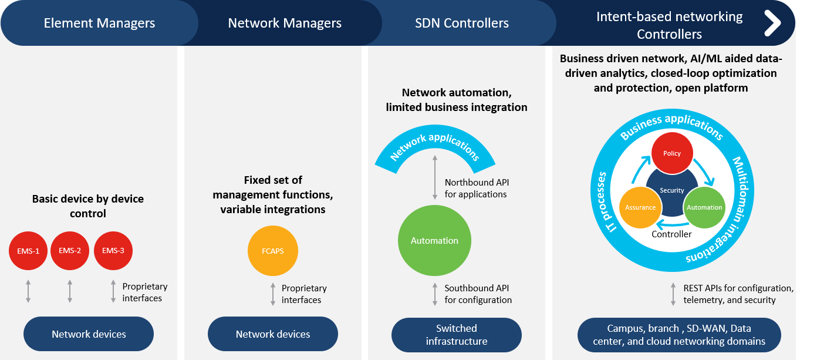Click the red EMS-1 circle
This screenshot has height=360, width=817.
(28, 251)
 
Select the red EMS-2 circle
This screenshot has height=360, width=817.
(70, 251)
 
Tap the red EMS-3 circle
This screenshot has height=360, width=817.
(113, 251)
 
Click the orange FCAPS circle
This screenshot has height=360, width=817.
(273, 251)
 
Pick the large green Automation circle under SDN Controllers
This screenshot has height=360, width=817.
(434, 241)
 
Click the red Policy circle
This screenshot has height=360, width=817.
(672, 154)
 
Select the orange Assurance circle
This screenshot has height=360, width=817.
(640, 207)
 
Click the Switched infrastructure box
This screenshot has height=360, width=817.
(457, 335)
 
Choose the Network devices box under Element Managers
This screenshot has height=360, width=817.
(89, 334)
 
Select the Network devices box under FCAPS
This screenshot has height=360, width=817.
(273, 334)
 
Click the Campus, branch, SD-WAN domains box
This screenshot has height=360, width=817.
(679, 335)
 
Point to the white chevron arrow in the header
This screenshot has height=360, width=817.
(772, 23)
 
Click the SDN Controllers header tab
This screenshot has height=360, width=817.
(462, 23)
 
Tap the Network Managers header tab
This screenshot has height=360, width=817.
(285, 23)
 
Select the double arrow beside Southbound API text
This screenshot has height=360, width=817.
(435, 294)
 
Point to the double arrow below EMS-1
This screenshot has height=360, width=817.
(28, 292)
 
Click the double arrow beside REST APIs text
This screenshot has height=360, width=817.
(674, 294)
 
